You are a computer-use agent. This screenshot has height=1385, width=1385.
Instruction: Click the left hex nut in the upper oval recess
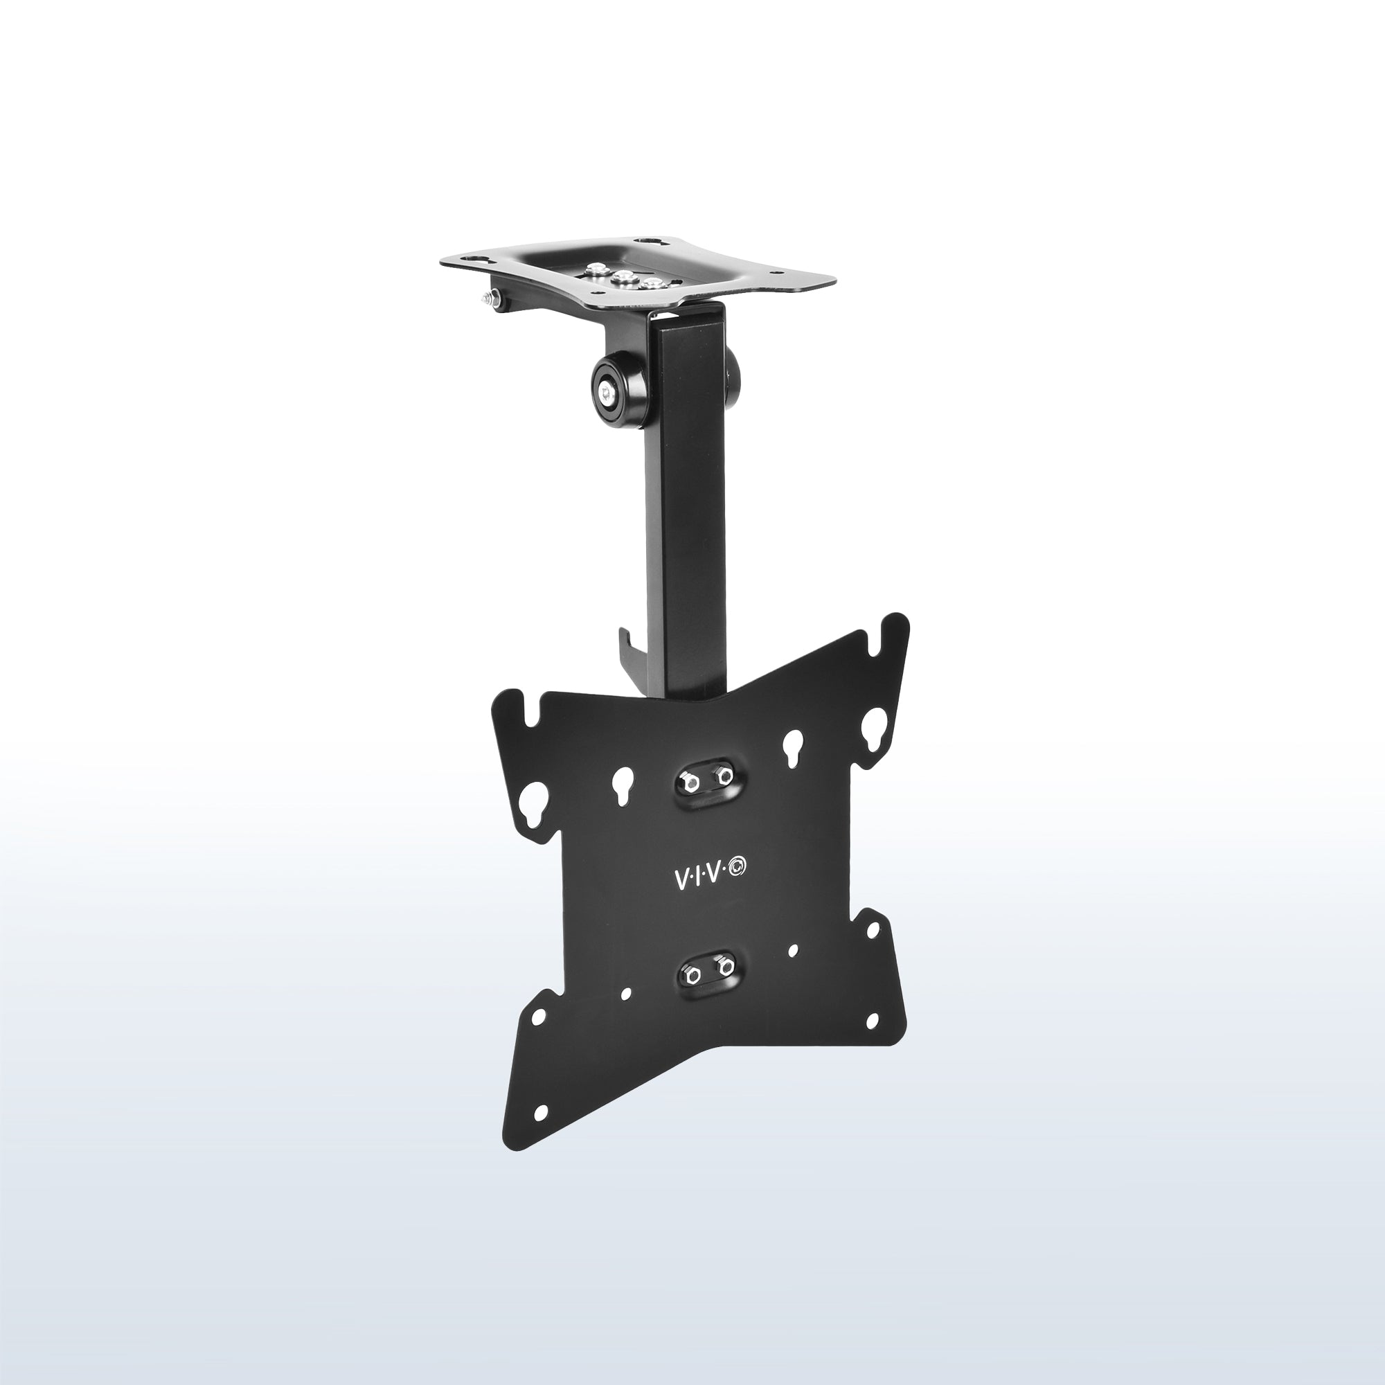(x=687, y=781)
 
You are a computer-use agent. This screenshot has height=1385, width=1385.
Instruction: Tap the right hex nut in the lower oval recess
(x=725, y=967)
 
